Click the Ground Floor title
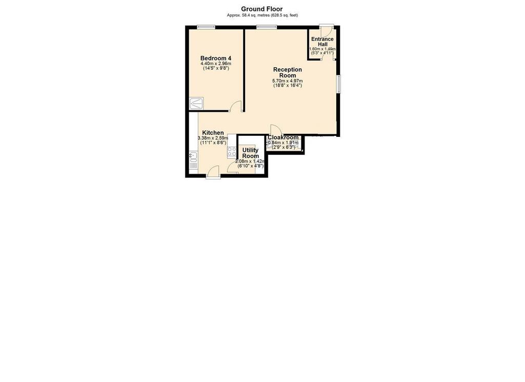(262, 9)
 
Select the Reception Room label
(288, 72)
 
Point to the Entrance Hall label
(322, 42)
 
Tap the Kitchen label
(213, 133)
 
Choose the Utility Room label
(250, 153)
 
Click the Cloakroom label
(283, 137)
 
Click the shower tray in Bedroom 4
(196, 104)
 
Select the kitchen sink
(193, 156)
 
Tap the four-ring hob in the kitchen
(232, 152)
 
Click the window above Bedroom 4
(206, 27)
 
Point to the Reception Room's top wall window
(267, 27)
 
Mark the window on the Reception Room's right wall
(339, 84)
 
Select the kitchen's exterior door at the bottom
(213, 172)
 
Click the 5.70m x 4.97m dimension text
(288, 81)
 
